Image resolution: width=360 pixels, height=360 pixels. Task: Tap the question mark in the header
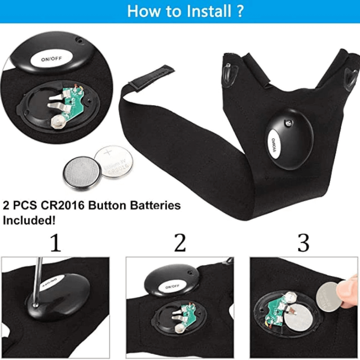239,11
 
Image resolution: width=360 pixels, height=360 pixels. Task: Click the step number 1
55,243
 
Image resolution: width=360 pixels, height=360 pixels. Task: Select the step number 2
180,243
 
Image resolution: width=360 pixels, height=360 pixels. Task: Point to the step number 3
303,243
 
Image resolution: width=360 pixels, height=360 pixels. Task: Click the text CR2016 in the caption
62,205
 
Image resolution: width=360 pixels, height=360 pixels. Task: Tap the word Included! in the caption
29,220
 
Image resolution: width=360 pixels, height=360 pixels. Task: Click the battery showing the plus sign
114,162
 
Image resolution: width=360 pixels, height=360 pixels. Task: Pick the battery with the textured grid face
82,173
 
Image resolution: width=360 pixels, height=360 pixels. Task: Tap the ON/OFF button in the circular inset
51,59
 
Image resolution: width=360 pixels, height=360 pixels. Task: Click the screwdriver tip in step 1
35,305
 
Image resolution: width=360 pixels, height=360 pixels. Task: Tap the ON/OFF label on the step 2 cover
172,287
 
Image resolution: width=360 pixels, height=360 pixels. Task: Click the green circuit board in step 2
188,315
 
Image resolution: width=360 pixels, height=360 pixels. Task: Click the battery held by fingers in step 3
329,297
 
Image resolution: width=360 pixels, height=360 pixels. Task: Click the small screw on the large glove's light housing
288,123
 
